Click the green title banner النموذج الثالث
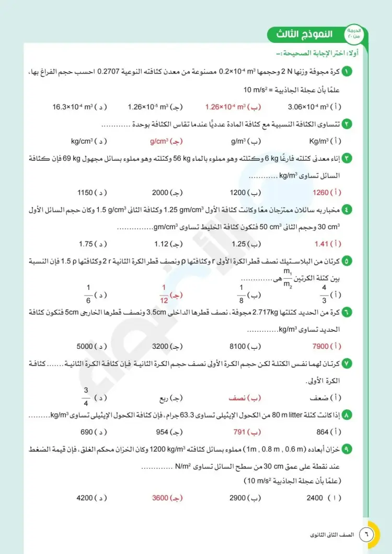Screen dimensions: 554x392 306,35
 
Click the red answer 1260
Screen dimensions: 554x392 320,192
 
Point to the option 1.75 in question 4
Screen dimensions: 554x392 86,243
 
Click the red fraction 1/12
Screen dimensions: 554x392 163,294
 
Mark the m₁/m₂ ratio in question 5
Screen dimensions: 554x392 287,278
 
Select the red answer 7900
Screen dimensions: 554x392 320,346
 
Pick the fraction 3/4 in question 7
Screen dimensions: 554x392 86,398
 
